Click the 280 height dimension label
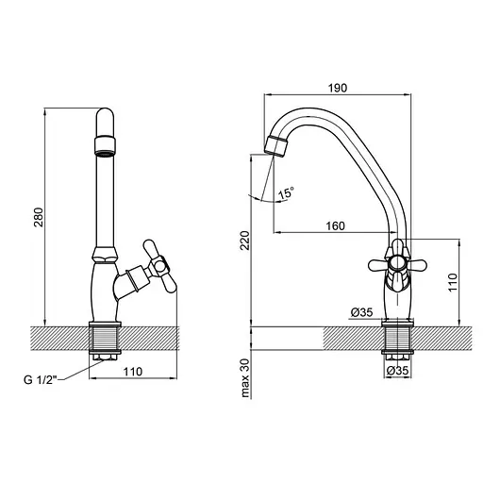click(x=39, y=217)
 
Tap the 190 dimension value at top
click(x=338, y=88)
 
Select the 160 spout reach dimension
click(x=335, y=225)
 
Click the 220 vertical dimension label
click(x=245, y=241)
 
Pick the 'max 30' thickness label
click(x=245, y=378)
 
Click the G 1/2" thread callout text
click(x=41, y=380)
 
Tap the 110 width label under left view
click(x=133, y=372)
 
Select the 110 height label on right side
click(x=453, y=282)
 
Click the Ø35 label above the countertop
click(x=361, y=312)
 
